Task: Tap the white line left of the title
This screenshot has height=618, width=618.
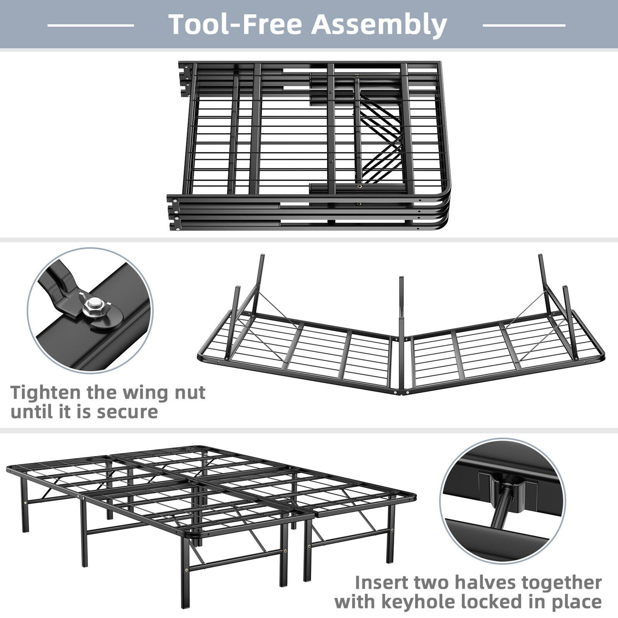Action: (x=91, y=25)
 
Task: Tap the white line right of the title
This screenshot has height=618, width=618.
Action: (x=524, y=25)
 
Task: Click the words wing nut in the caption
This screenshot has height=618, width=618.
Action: (x=167, y=393)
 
